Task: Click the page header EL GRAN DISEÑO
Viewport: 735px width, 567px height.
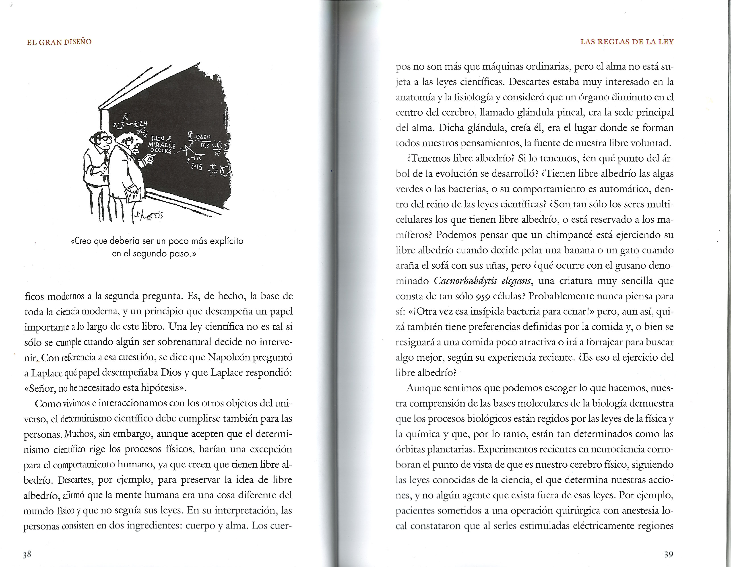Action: click(59, 42)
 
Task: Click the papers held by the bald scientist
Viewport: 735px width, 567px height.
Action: click(133, 195)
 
